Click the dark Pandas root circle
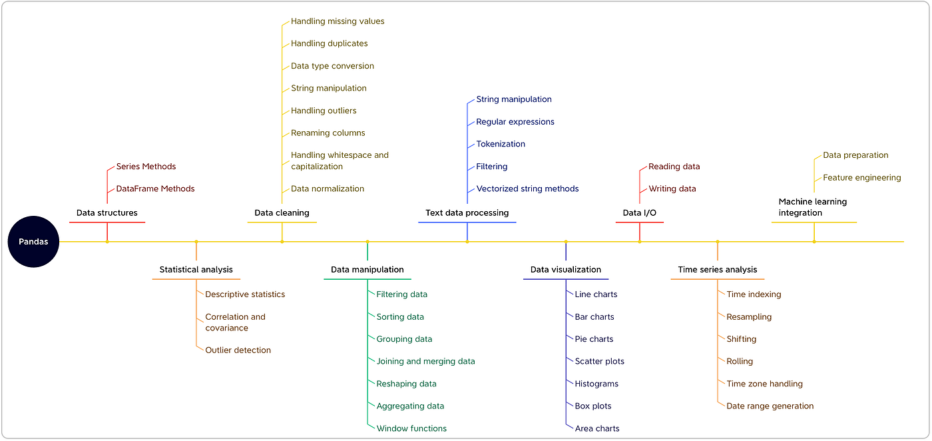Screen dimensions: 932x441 tap(33, 242)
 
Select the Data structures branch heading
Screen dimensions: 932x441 tap(107, 213)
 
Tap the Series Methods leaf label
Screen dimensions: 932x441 tap(146, 167)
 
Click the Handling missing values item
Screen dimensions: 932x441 tap(338, 21)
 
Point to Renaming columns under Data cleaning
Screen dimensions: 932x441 tap(328, 133)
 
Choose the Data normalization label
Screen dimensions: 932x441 tap(328, 189)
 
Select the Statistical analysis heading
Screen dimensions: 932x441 tap(196, 269)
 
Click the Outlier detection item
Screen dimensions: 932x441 tap(238, 350)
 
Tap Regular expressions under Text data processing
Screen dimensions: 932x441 tap(515, 122)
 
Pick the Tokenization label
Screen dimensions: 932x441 tap(501, 144)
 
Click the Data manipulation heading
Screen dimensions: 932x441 tap(367, 269)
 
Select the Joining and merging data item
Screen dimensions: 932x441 tap(425, 362)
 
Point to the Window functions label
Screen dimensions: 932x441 tap(411, 428)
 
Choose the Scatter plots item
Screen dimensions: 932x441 tap(600, 362)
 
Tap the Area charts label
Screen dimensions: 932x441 tap(597, 428)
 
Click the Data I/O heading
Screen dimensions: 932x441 tap(640, 213)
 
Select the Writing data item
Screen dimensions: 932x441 tap(672, 189)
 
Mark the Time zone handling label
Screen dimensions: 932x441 tap(765, 384)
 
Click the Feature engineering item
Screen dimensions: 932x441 tap(862, 178)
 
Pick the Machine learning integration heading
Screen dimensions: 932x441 tap(813, 207)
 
